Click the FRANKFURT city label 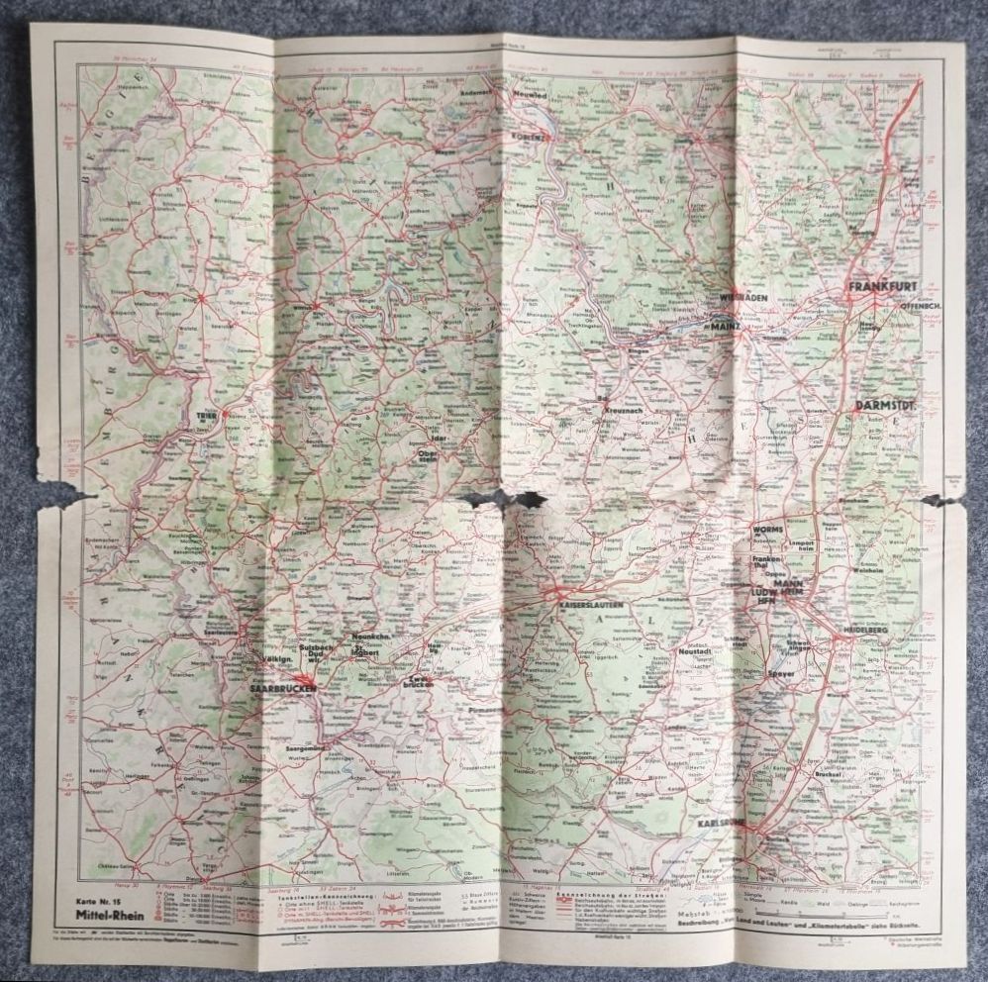coord(882,287)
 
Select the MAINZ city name coord(728,324)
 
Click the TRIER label coord(207,416)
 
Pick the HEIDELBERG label coord(867,630)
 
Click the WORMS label coord(767,530)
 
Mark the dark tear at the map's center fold coord(507,500)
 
